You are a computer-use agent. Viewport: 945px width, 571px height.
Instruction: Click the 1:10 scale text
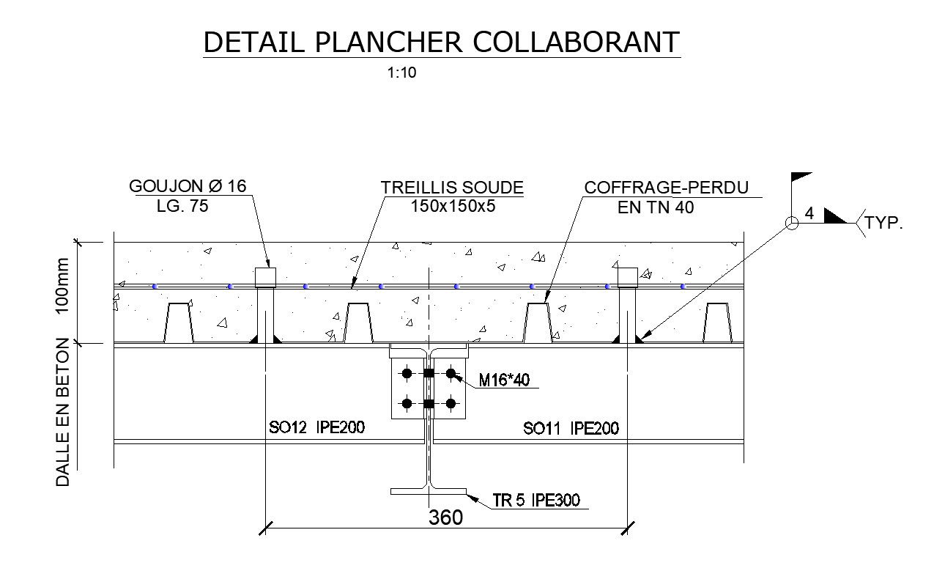[x=401, y=73]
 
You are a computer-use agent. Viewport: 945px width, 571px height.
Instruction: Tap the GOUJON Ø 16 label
[x=188, y=186]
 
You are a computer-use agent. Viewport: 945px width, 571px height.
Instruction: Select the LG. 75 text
[x=182, y=206]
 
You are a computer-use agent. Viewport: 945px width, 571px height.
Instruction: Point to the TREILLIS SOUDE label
[x=452, y=188]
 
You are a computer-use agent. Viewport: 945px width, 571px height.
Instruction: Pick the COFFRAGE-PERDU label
[x=666, y=188]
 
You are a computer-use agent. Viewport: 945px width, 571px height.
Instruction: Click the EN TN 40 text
[x=656, y=207]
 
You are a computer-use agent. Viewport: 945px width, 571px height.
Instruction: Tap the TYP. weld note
[x=883, y=224]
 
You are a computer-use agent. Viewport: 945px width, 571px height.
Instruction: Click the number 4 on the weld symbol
[x=809, y=213]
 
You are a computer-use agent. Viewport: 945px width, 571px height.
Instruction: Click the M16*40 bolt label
[x=503, y=380]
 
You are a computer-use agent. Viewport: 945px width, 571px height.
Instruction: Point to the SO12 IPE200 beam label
[x=316, y=428]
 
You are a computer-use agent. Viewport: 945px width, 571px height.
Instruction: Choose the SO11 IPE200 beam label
[x=571, y=428]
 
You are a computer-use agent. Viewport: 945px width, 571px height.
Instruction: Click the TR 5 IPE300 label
[x=536, y=501]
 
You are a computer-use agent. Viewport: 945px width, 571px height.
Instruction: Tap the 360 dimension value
[x=445, y=517]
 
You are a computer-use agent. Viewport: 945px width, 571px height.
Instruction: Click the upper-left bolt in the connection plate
[x=407, y=373]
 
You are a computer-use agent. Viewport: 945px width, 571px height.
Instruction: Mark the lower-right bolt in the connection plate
[x=451, y=403]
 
